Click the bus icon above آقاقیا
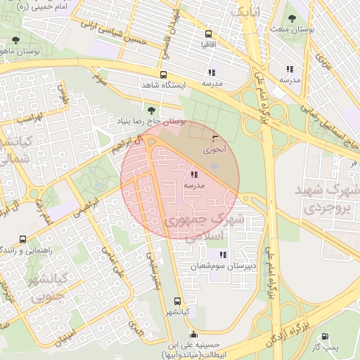pyautogui.click(x=208, y=34)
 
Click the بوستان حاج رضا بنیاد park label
pyautogui.click(x=152, y=121)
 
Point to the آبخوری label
pyautogui.click(x=215, y=150)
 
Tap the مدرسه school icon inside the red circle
pyautogui.click(x=194, y=174)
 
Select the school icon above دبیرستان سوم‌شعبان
pyautogui.click(x=223, y=255)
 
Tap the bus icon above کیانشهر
pyautogui.click(x=177, y=300)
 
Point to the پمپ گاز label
pyautogui.click(x=326, y=348)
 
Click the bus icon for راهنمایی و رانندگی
pyautogui.click(x=23, y=240)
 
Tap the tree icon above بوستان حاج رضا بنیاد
pyautogui.click(x=152, y=110)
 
